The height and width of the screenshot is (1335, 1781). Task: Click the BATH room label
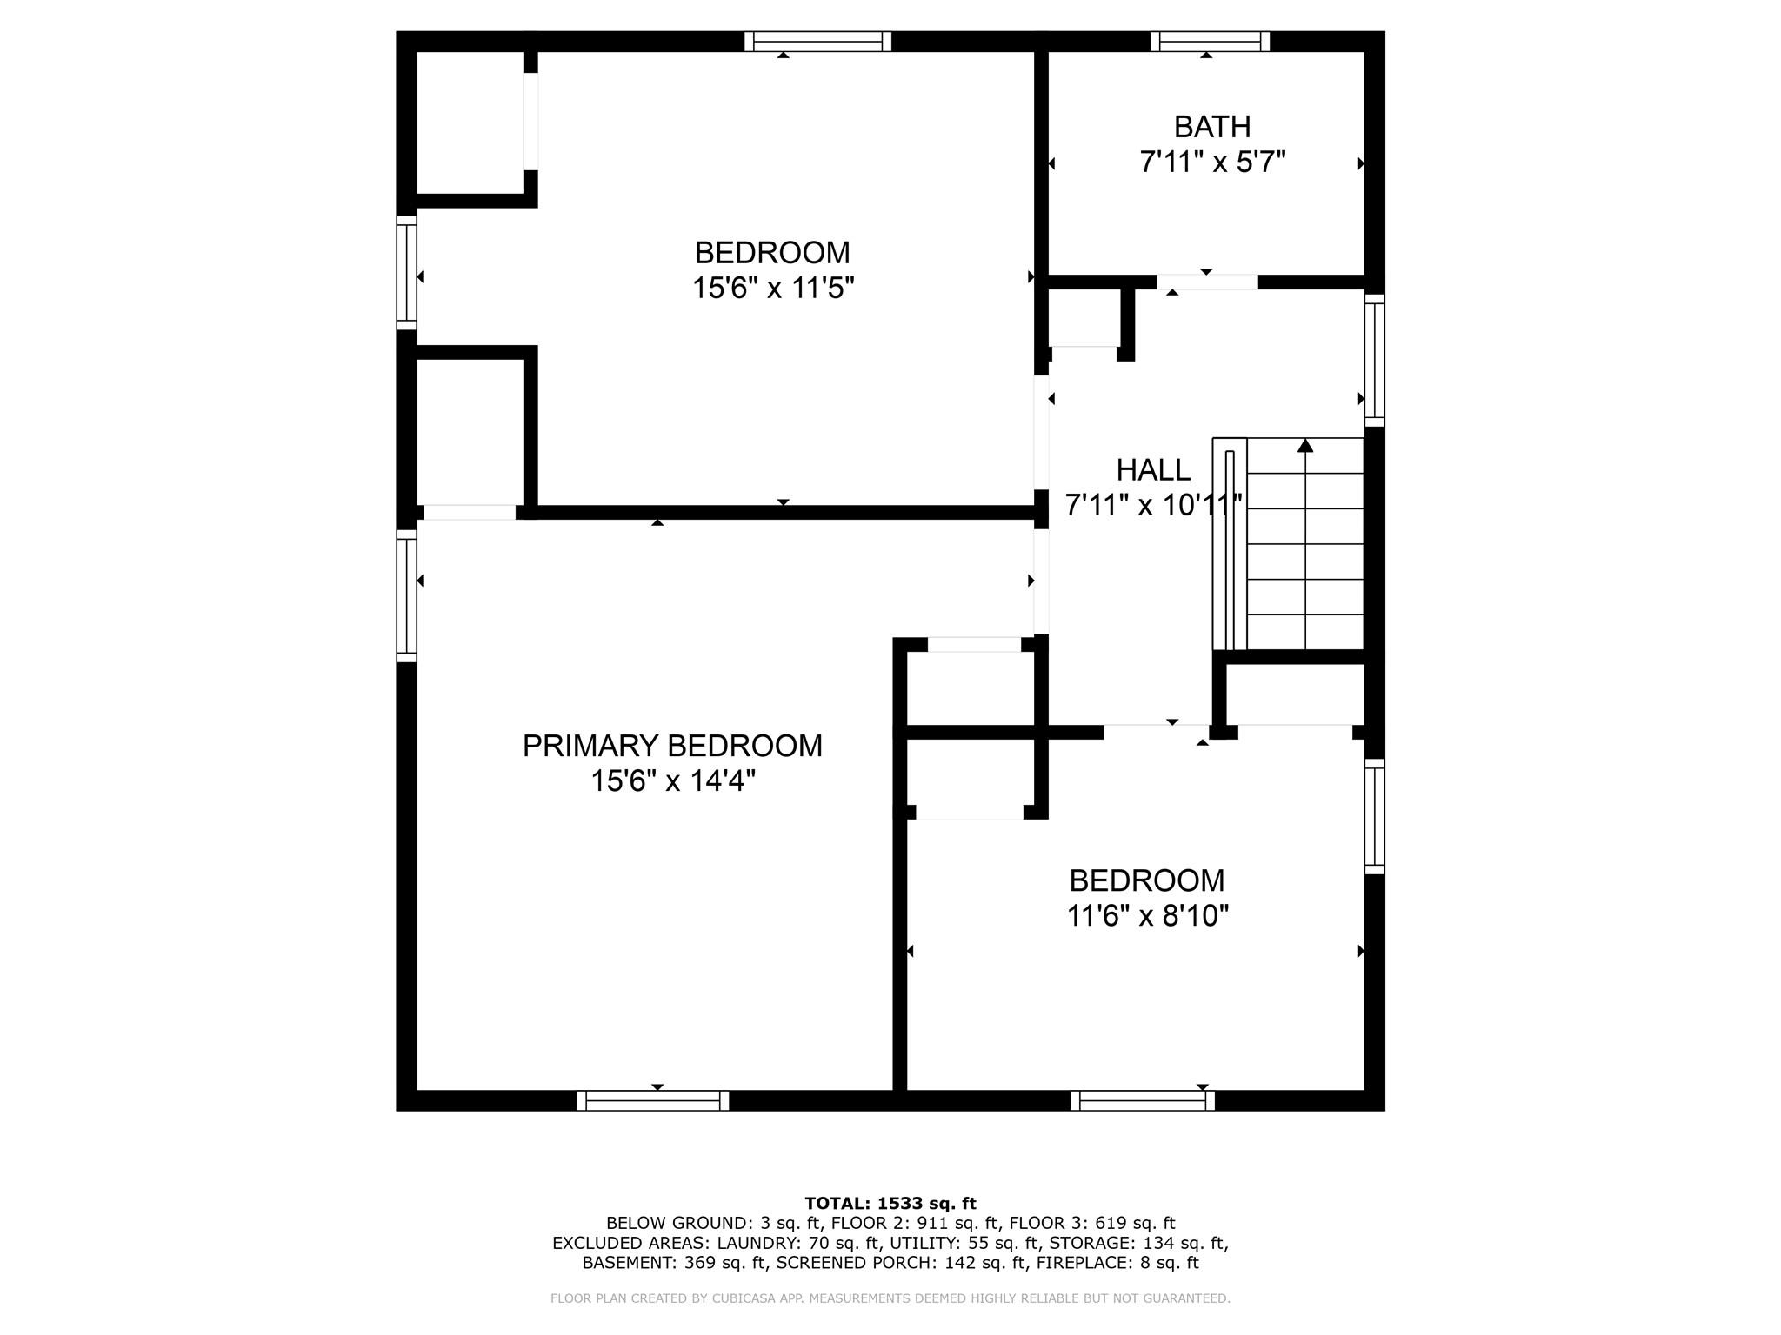point(1212,127)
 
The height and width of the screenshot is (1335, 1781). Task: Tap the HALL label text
point(1153,470)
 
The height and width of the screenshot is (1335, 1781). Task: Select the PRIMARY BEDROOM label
point(672,746)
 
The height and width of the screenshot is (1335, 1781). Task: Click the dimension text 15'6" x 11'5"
point(773,288)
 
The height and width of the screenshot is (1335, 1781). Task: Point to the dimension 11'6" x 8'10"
point(1148,915)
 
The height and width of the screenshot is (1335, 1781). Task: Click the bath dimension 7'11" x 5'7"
point(1212,162)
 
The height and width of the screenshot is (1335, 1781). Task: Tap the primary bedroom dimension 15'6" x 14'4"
point(673,781)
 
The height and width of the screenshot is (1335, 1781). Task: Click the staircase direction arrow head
point(1305,445)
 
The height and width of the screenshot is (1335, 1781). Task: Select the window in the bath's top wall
point(1210,42)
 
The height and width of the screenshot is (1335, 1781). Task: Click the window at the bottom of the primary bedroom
point(653,1100)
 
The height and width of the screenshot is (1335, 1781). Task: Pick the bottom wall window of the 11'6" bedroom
point(1143,1100)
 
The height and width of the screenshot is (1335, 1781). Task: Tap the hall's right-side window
point(1374,360)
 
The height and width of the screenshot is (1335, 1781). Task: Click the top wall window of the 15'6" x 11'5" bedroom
point(818,42)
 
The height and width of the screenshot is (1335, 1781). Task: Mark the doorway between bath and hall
point(1207,282)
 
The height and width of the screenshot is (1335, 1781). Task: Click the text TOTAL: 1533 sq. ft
point(890,1204)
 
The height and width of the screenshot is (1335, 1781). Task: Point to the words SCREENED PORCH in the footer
point(849,1263)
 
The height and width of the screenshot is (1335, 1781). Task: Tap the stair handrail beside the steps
point(1230,550)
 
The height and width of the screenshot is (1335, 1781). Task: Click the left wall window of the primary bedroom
point(406,595)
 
